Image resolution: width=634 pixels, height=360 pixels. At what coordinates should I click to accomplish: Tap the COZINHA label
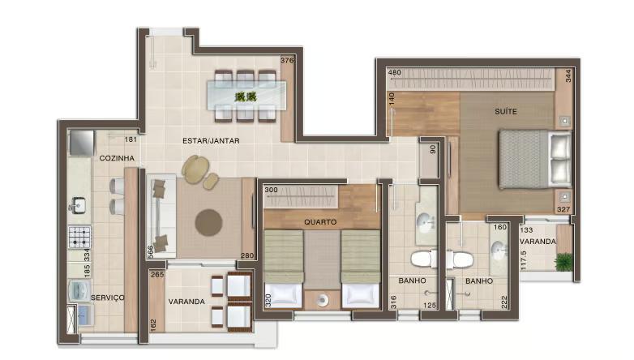(116, 158)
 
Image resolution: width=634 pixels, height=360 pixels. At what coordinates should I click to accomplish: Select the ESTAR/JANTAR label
(211, 141)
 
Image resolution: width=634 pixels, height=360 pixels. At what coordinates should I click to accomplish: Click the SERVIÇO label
(107, 298)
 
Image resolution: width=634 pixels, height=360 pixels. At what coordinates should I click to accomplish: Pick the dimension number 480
(396, 73)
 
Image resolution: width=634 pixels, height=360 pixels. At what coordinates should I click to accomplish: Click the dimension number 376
(286, 61)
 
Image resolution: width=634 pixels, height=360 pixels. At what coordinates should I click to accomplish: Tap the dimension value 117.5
(525, 259)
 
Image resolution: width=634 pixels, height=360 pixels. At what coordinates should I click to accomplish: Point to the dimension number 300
(272, 190)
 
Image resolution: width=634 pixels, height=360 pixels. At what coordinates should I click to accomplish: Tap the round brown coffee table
(209, 220)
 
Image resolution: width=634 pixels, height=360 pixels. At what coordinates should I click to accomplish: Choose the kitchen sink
(78, 205)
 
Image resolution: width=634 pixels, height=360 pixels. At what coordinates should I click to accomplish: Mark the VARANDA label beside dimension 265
(186, 302)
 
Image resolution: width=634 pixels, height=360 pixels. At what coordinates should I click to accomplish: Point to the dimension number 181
(131, 139)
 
